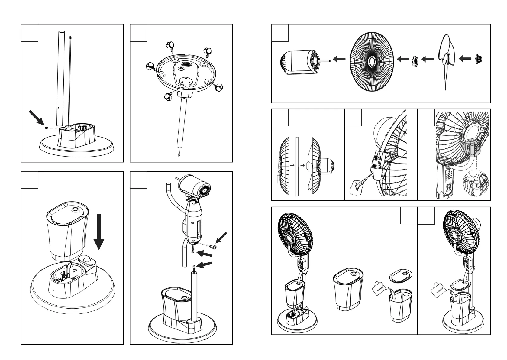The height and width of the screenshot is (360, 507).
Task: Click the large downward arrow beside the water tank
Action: [99, 234]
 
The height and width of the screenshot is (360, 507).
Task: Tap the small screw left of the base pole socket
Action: [46, 128]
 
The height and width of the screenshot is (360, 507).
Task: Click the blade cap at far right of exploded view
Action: [479, 58]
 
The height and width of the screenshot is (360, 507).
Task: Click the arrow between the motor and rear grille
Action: [339, 60]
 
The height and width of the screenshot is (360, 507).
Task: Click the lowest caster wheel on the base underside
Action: [167, 97]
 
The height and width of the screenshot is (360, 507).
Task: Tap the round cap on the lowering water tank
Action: [75, 209]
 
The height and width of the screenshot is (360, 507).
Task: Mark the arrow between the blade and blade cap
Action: [465, 59]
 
